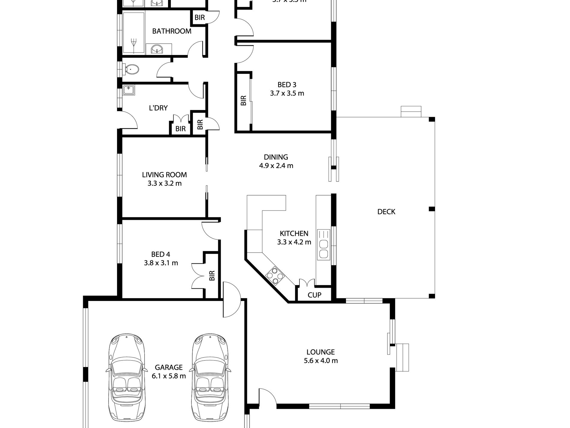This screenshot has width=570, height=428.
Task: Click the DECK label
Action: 386,212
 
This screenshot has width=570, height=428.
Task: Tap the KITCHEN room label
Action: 294,233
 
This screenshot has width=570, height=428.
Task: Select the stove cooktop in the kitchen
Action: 274,275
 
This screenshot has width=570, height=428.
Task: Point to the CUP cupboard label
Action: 314,295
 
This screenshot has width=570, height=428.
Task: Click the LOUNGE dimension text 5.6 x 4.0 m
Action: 320,361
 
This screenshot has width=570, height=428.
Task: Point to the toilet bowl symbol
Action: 132,69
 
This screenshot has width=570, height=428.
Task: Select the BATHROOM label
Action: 172,31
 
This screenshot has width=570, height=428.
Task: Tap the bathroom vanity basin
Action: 156,49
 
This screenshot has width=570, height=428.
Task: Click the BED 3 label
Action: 287,85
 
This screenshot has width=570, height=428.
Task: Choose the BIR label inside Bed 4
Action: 212,275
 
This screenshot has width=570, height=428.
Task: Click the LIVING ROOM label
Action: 164,175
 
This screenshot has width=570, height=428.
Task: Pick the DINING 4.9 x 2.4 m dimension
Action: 276,165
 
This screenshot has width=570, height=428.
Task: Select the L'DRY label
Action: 158,108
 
